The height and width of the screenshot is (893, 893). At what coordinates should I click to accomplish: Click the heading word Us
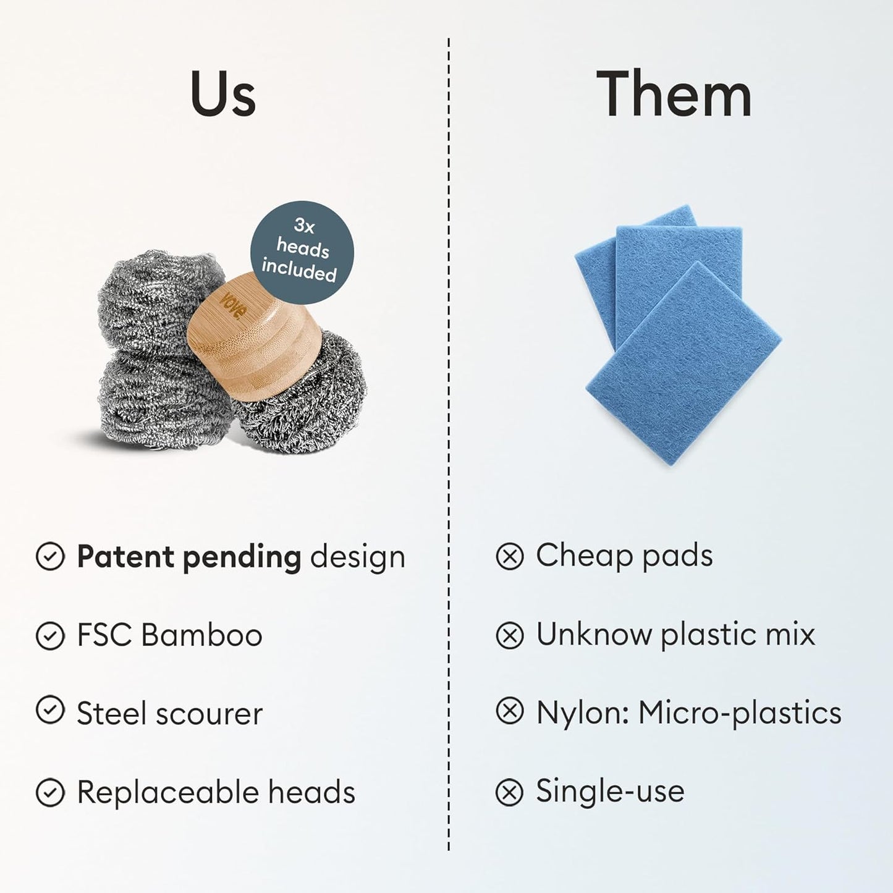pos(223,94)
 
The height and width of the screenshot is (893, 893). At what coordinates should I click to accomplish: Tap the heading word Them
pos(674,94)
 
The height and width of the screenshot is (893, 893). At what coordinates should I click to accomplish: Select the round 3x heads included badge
pos(302,252)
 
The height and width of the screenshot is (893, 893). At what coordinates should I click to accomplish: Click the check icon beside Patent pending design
pos(50,556)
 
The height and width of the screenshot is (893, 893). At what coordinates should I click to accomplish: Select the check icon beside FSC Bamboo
pos(50,635)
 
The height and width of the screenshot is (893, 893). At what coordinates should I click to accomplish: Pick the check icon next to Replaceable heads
pos(50,792)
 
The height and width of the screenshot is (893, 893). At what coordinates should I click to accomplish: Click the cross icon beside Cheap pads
pos(509,556)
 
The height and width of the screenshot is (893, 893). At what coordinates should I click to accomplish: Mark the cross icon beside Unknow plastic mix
pos(509,635)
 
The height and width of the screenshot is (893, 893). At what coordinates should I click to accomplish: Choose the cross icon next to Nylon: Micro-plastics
pos(509,712)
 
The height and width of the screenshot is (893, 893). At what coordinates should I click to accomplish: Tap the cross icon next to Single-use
pos(509,792)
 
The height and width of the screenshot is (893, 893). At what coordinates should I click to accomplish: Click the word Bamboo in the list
pos(201,635)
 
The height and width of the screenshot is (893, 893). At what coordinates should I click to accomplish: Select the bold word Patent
pos(125,556)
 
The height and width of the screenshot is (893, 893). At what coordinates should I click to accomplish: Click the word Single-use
pos(610,791)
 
